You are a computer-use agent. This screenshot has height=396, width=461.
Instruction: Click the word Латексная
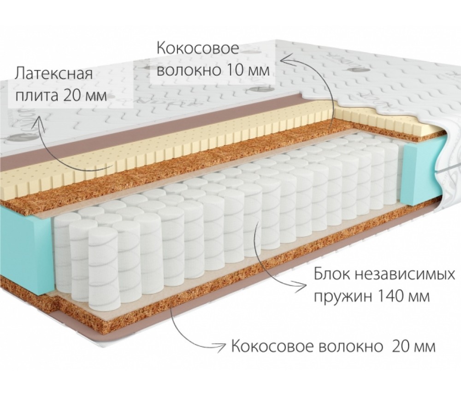(x=54, y=74)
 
